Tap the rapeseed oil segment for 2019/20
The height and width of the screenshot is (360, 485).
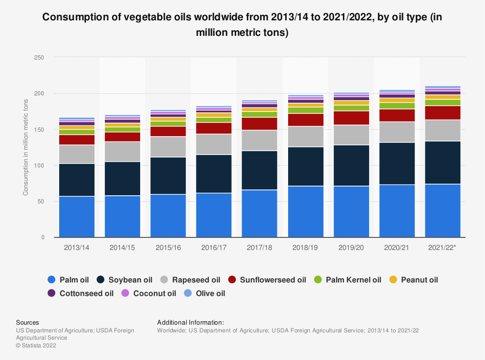point(349,135)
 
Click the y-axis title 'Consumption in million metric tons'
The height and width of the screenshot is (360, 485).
point(25,147)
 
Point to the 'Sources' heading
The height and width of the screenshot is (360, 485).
point(28,322)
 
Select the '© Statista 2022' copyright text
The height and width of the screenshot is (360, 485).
point(36,345)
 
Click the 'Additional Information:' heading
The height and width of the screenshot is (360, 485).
point(191,322)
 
